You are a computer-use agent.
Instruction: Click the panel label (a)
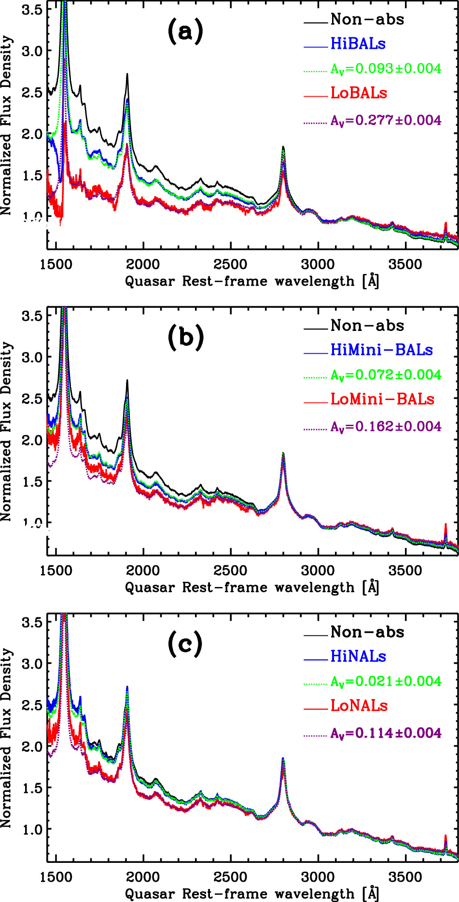185,32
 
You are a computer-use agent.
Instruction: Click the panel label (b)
185,338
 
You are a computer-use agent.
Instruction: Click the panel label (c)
185,644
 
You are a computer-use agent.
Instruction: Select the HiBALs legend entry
358,44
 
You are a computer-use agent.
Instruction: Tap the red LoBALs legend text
359,93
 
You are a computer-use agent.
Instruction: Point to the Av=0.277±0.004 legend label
386,120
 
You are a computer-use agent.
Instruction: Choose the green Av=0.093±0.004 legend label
386,69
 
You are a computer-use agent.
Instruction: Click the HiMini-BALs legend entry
381,350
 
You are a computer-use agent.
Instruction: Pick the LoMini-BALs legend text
382,400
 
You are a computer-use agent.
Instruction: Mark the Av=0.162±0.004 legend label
386,427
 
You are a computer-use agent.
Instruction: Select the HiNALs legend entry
358,657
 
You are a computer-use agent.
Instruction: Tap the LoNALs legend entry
359,706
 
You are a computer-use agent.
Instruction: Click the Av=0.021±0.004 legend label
386,681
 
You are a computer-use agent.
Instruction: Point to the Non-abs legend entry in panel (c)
367,632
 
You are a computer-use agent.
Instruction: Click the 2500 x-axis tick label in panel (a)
230,264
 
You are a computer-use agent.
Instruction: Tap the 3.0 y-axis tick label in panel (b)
32,357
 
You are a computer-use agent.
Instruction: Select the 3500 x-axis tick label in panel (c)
405,877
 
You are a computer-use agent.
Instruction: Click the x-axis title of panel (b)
251,587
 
